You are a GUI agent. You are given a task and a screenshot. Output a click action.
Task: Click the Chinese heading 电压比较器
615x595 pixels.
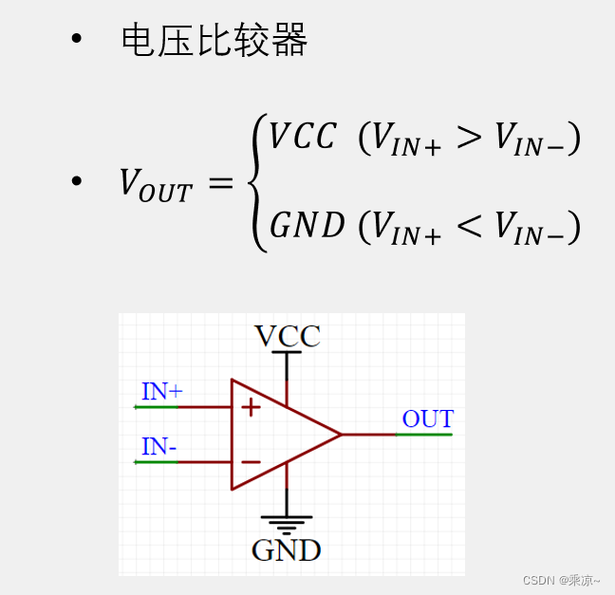[214, 41]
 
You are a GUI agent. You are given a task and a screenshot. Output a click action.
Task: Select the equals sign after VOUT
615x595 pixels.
[220, 182]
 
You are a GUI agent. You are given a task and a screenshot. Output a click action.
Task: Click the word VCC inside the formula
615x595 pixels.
[303, 138]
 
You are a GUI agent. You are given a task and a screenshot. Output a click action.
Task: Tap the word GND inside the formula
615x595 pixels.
[307, 226]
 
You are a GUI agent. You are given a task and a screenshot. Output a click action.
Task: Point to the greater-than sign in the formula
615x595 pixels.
[469, 139]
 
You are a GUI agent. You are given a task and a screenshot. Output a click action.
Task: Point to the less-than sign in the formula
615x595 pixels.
[469, 227]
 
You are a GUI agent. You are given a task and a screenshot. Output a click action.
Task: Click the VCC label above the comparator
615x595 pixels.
[287, 336]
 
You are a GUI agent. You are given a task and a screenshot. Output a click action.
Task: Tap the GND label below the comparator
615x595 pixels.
[286, 550]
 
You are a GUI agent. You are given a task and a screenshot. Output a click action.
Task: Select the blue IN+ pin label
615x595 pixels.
[161, 391]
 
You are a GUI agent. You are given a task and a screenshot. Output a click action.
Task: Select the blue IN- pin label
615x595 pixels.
[158, 446]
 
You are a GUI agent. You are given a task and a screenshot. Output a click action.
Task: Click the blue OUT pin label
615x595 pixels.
[427, 418]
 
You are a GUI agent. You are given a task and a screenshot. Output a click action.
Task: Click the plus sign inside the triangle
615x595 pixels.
[251, 407]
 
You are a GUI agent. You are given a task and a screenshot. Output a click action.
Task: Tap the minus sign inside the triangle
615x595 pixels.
[251, 462]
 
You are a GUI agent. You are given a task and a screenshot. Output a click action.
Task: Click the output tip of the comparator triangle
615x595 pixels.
[340, 435]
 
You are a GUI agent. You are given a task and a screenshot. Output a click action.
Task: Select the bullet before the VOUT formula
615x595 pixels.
[77, 181]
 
